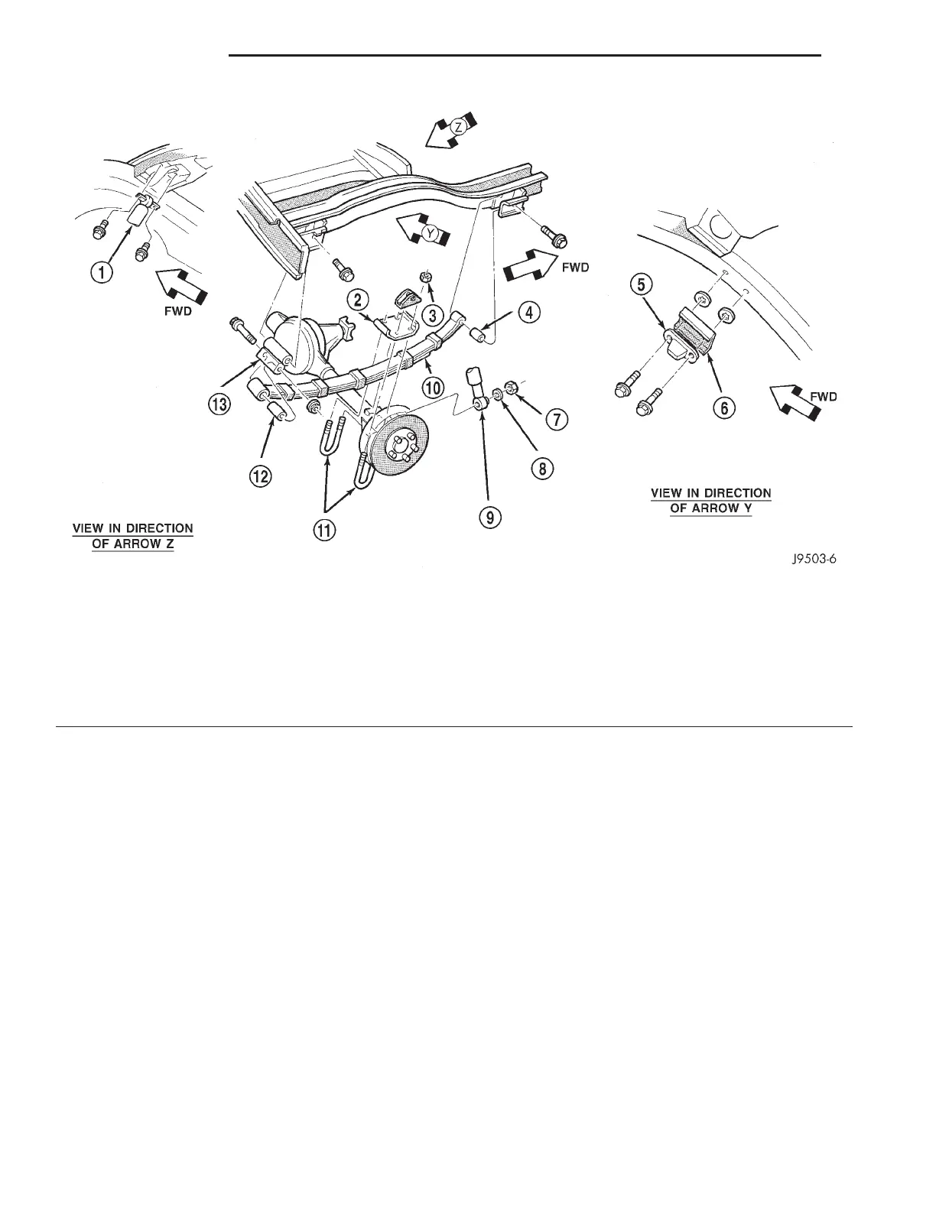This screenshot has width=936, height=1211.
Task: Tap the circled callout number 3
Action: [434, 313]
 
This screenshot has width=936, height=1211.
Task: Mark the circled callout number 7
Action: [557, 419]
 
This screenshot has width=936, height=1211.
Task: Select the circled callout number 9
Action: [490, 517]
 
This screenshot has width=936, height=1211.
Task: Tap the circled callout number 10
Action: [434, 387]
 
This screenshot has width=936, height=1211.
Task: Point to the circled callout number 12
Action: [261, 476]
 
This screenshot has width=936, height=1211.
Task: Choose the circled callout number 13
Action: [219, 405]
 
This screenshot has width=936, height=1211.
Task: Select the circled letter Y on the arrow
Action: [433, 236]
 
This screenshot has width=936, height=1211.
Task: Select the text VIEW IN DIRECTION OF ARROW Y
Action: [711, 501]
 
